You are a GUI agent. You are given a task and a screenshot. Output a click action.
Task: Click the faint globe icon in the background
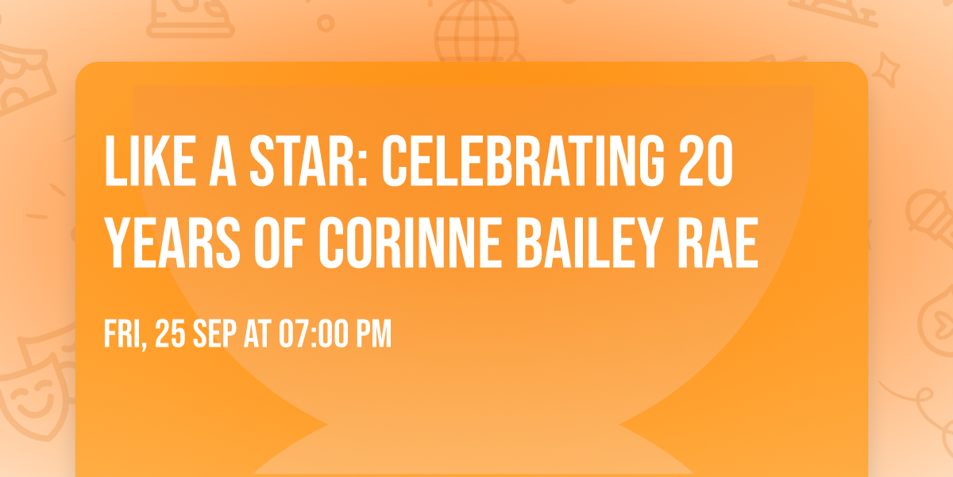pyautogui.click(x=475, y=32)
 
